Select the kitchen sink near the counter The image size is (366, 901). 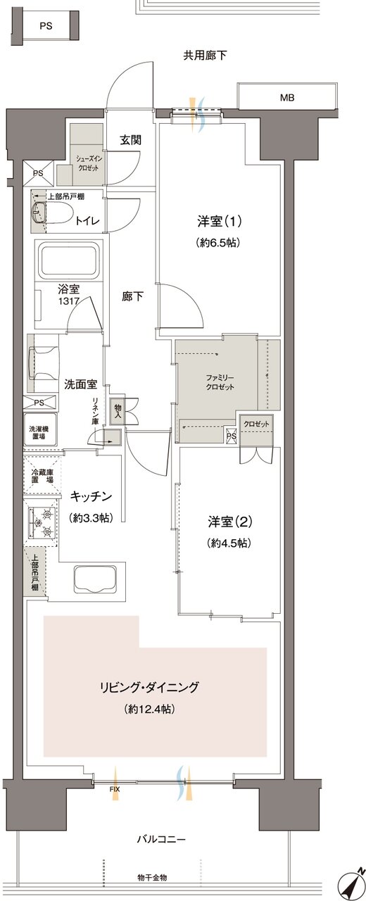96,579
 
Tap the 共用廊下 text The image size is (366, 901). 205,56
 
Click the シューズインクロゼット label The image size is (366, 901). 83,163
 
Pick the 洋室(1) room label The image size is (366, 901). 219,222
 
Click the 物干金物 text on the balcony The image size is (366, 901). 153,877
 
